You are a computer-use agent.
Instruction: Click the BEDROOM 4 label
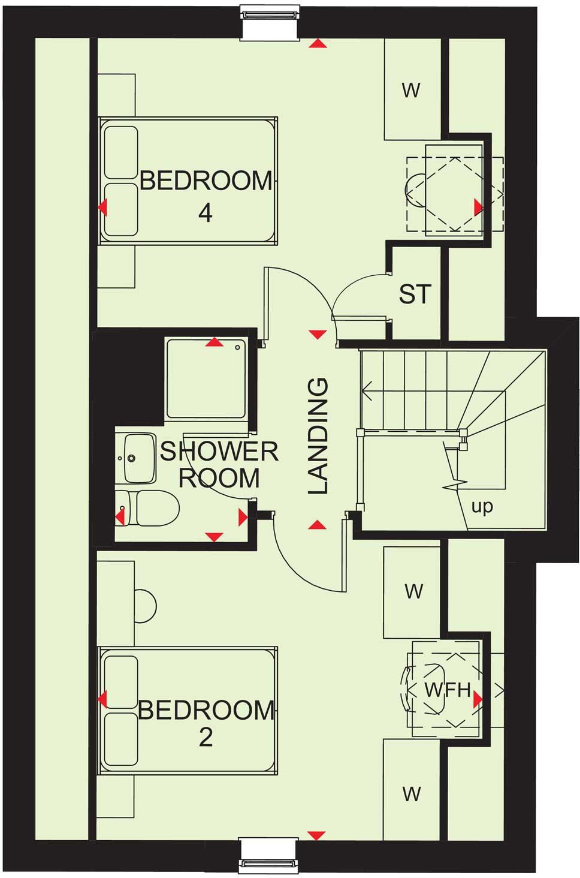pyautogui.click(x=206, y=196)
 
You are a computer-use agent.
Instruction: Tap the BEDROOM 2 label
pyautogui.click(x=206, y=723)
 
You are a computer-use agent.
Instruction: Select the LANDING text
pyautogui.click(x=318, y=436)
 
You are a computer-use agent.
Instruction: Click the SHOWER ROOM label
pyautogui.click(x=219, y=465)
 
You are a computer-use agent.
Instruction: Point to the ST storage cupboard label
pyautogui.click(x=415, y=294)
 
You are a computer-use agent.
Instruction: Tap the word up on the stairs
pyautogui.click(x=482, y=507)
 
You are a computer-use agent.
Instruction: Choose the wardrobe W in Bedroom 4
pyautogui.click(x=412, y=90)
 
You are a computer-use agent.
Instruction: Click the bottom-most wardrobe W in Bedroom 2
pyautogui.click(x=412, y=793)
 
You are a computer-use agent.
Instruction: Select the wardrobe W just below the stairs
pyautogui.click(x=413, y=591)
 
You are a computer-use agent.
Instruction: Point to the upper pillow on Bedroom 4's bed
pyautogui.click(x=121, y=152)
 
